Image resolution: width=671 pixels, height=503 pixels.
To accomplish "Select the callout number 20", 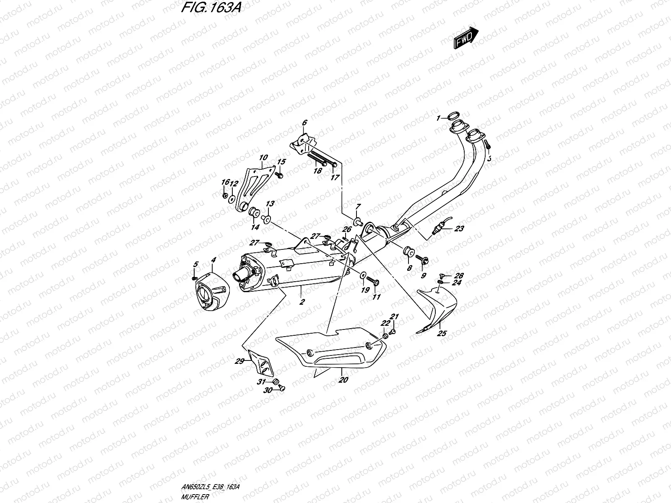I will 343,380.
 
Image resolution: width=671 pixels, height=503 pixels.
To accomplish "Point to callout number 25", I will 442,334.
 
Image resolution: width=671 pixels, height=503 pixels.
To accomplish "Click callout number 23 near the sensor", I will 459,229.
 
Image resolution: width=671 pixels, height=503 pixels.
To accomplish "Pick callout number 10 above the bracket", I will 263,158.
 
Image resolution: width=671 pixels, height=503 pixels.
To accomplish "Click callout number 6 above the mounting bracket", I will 304,122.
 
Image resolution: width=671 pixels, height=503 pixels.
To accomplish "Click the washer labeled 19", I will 362,275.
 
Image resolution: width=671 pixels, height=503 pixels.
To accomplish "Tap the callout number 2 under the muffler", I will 302,301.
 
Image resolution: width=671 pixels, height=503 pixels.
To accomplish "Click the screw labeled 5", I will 194,278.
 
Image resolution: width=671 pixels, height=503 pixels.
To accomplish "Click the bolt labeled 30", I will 282,389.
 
